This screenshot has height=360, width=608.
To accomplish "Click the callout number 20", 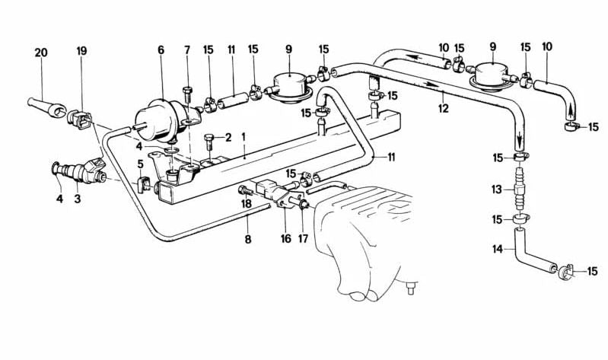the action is coord(41,53).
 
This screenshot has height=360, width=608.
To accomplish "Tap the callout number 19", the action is coord(81,51).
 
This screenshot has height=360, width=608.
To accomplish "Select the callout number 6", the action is coord(161,50).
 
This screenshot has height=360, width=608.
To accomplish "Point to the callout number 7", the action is coord(187,50).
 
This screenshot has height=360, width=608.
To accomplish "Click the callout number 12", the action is coord(443,108).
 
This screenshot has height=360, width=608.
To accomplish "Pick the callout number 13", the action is coord(497,190).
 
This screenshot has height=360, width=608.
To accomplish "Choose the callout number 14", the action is coord(498,249).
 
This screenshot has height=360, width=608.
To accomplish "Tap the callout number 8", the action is coord(248,239).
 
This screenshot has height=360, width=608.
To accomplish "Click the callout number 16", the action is coord(286,238).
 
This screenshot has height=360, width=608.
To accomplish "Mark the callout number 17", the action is coord(303,238).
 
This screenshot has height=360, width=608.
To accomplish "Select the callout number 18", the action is coord(247,204).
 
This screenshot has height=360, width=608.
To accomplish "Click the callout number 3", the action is coord(78,199).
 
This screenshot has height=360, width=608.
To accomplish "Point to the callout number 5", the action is coord(140,164).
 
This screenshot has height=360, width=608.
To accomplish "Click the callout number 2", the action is coord(228,137).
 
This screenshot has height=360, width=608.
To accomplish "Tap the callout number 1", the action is coord(244,137).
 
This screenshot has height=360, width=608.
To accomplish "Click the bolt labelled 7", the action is coord(187,95).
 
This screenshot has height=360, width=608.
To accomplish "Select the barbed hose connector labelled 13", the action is coord(519,189).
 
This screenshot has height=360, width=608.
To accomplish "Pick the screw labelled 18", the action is coord(246,190).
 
